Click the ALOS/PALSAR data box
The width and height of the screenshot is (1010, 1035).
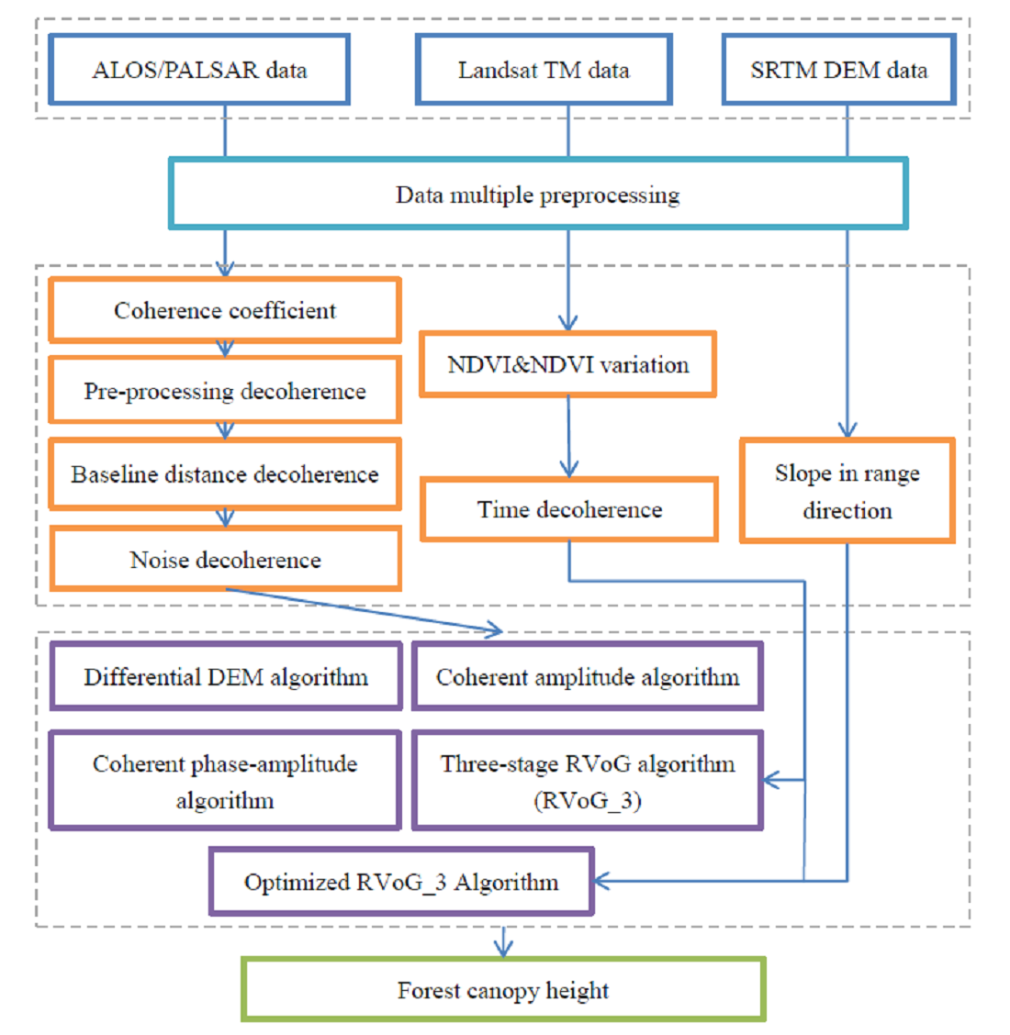pos(199,70)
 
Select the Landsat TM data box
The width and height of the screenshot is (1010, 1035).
pos(544,70)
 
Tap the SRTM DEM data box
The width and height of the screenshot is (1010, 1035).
pos(838,70)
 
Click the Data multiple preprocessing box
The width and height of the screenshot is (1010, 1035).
pos(538,195)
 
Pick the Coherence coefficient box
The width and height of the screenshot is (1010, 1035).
pos(225,310)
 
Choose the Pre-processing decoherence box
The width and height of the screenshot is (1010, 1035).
pos(225,391)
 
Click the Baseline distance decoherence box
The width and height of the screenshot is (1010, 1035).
pos(225,474)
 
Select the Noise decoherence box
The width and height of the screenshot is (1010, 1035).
pos(225,560)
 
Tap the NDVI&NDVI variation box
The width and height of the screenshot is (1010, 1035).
pos(567,364)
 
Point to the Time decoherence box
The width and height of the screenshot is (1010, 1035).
pos(569,509)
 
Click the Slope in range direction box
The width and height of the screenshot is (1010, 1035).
pos(847,491)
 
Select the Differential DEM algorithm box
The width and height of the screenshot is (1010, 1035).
pos(226,677)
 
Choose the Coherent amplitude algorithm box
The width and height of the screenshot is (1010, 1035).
pos(587,677)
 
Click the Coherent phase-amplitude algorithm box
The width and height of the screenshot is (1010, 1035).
pos(225,781)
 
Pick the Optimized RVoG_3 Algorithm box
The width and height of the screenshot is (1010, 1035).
pos(401,882)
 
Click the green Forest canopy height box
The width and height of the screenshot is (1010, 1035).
pos(503,990)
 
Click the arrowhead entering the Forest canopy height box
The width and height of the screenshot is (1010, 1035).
pos(503,949)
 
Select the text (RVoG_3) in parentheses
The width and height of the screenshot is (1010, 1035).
pos(588,800)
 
